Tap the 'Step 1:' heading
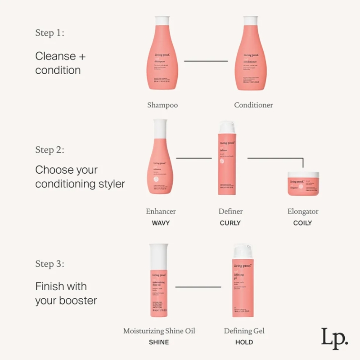(x=49, y=33)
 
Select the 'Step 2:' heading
(x=49, y=149)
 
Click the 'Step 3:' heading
(x=49, y=264)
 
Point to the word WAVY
(x=161, y=223)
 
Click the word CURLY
(x=230, y=223)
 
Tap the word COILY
(x=302, y=223)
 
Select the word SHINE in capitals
(x=159, y=342)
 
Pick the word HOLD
(x=244, y=342)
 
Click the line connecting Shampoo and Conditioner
(x=206, y=61)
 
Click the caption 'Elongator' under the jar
(x=302, y=211)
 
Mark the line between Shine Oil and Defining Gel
(x=198, y=287)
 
